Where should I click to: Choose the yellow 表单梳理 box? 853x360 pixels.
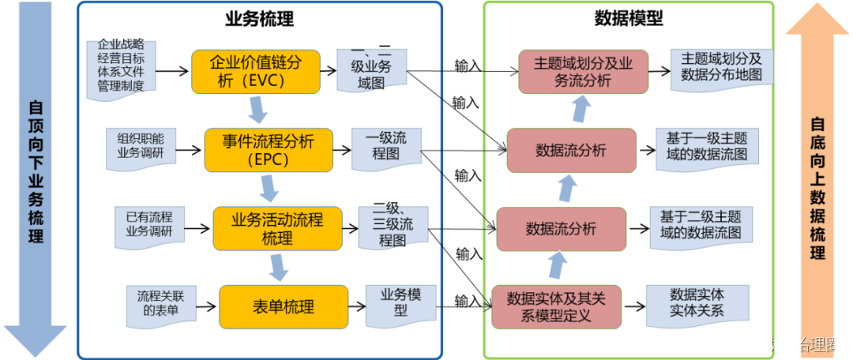click(x=284, y=306)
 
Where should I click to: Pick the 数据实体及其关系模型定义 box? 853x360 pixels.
click(x=555, y=307)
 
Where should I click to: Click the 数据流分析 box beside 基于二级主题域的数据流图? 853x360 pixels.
click(x=561, y=228)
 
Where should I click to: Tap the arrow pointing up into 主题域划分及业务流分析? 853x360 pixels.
click(x=581, y=108)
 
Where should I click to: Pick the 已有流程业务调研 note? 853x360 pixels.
click(x=149, y=224)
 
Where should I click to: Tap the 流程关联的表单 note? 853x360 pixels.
click(x=160, y=305)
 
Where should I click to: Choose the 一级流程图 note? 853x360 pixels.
click(x=386, y=148)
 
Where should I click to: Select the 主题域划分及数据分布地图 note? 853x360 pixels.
click(x=720, y=68)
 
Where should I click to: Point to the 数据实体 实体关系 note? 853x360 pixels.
click(x=696, y=303)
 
